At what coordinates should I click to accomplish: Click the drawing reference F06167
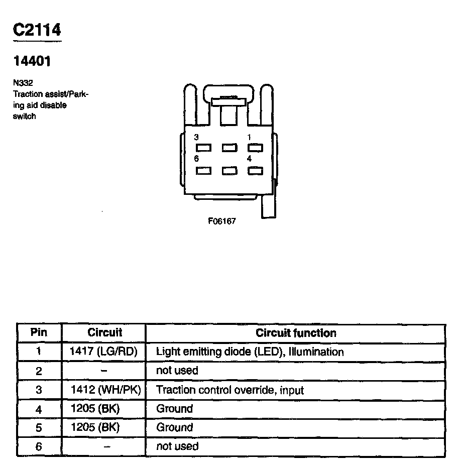pos(222,221)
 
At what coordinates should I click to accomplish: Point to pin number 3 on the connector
pos(196,137)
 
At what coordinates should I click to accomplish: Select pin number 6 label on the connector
pos(196,159)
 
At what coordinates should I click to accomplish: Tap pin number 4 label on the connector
pos(249,159)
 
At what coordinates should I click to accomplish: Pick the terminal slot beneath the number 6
pos(203,171)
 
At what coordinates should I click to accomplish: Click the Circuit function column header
pos(296,333)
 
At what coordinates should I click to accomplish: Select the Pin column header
pos(39,332)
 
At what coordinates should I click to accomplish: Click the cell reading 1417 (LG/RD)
pos(103,352)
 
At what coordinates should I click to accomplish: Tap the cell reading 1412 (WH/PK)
pos(103,390)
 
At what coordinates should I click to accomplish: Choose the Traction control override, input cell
pos(230,390)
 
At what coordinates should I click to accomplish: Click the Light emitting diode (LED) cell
pos(250,352)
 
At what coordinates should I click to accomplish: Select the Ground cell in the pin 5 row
pos(174,427)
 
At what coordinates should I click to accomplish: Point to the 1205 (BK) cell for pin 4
pos(95,409)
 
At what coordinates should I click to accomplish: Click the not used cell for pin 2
pos(177,371)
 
